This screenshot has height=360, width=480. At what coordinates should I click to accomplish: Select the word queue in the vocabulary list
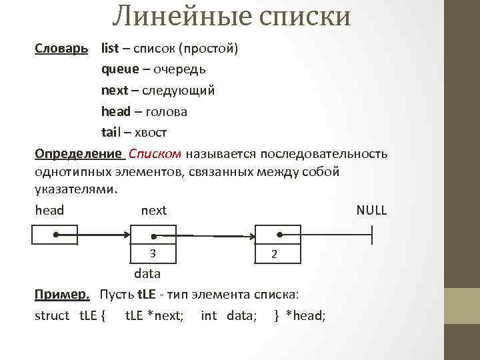click(121, 69)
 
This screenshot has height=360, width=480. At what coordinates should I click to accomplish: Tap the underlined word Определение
click(79, 154)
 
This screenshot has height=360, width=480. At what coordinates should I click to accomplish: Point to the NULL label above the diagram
click(371, 211)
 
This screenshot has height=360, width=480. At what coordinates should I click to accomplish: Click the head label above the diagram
click(49, 211)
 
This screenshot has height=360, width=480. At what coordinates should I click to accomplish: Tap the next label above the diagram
click(154, 211)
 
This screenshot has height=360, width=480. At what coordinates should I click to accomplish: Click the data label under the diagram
click(147, 274)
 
